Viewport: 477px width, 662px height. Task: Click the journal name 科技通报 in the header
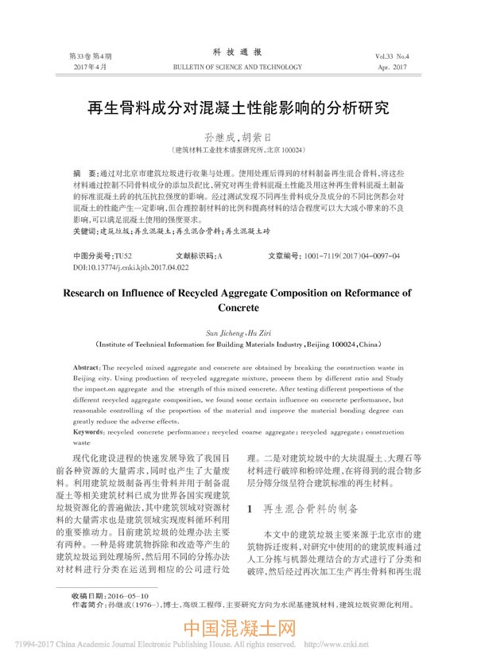(x=238, y=52)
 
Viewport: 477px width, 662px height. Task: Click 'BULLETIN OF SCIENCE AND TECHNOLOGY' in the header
(x=238, y=68)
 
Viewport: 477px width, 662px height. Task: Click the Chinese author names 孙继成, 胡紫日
(x=238, y=137)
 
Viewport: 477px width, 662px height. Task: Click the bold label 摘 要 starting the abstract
(x=79, y=173)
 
